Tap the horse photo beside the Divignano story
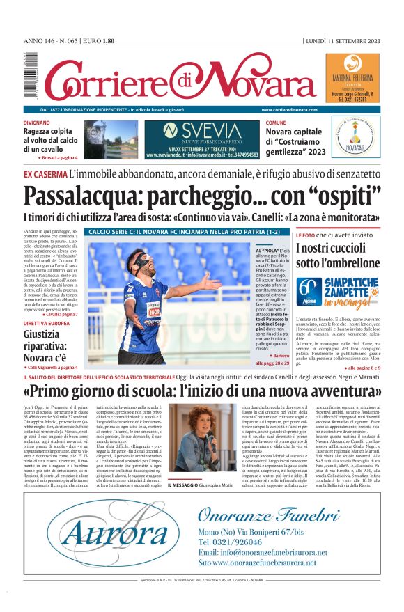click(x=111, y=139)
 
